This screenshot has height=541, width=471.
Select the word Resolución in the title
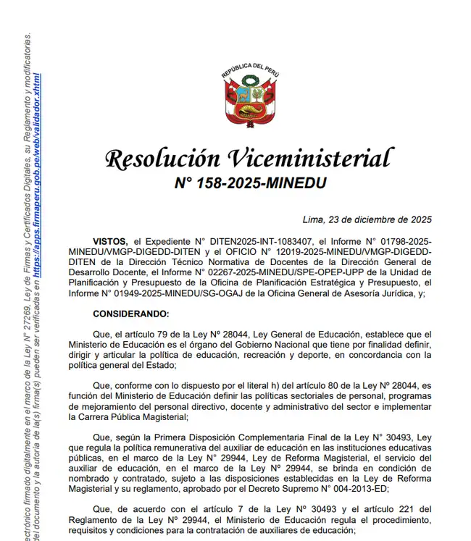tap(162, 158)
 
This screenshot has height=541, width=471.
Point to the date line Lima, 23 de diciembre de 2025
tap(367, 219)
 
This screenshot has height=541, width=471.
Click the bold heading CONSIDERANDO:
tap(130, 314)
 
